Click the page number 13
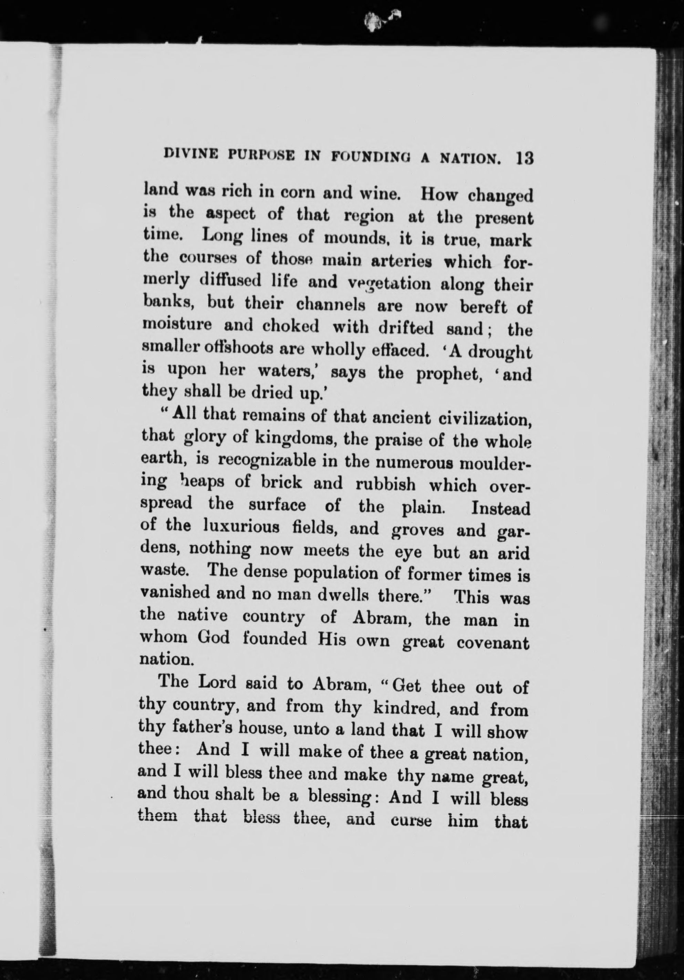[x=524, y=158]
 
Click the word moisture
[x=177, y=326]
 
